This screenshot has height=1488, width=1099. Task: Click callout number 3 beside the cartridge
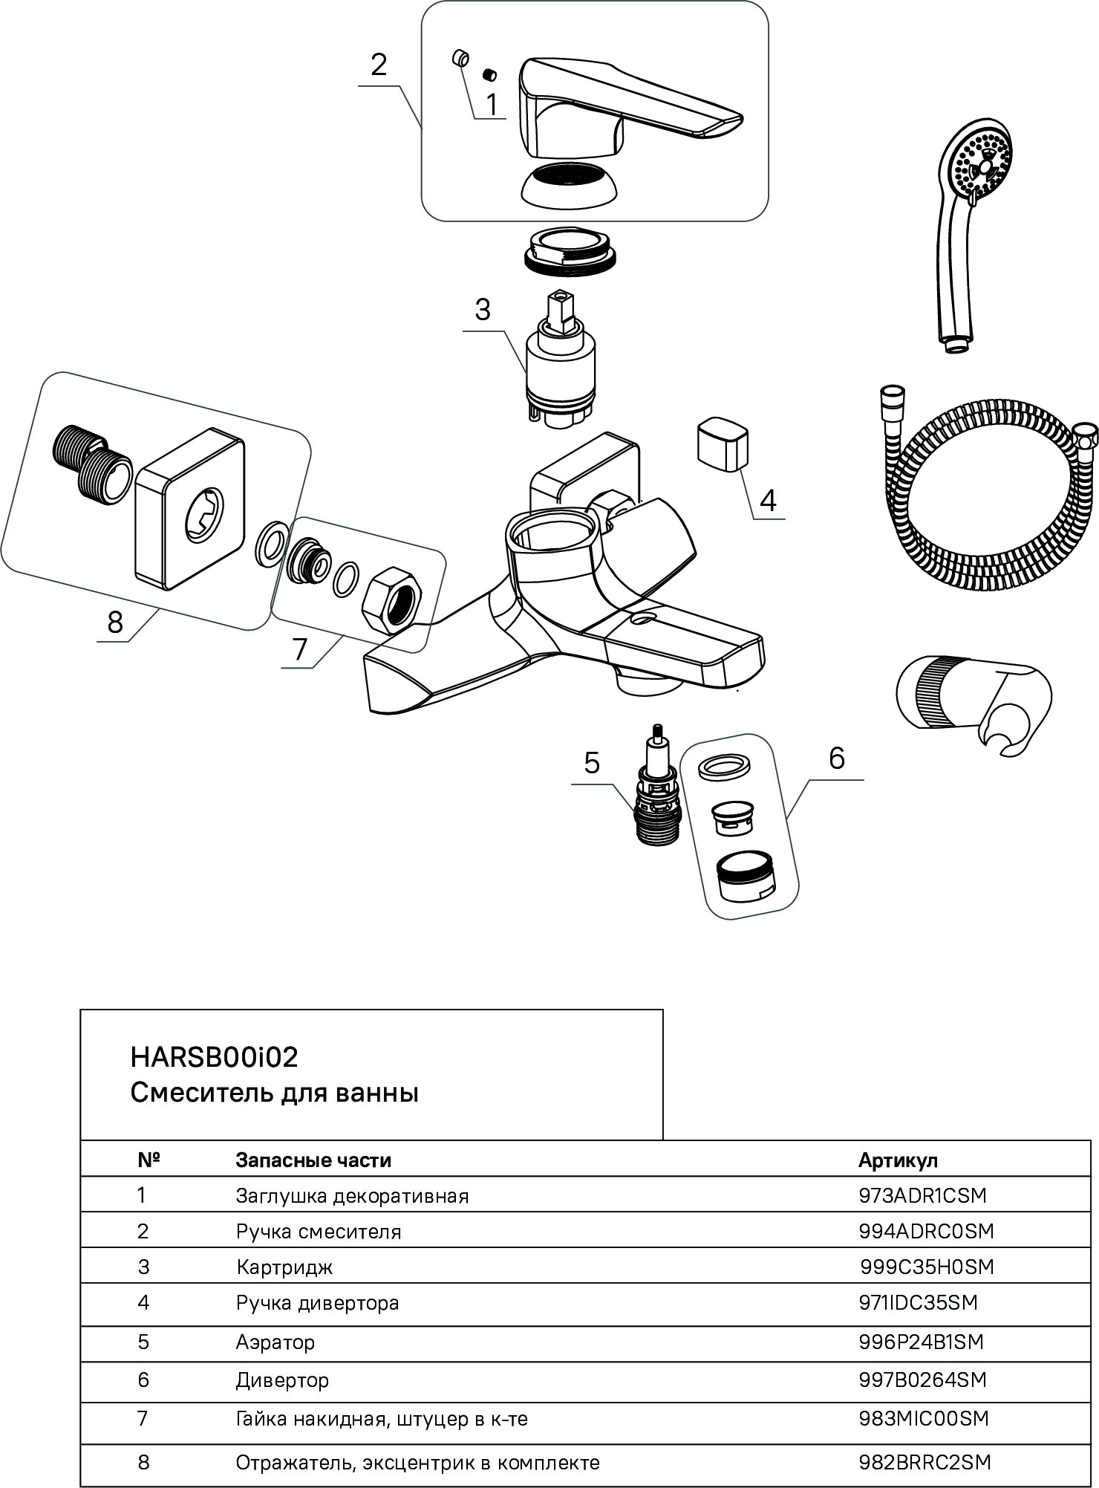tap(483, 309)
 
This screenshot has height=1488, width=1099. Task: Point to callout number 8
tap(114, 622)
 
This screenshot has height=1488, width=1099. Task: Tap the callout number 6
tap(837, 758)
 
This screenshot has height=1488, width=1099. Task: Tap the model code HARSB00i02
tap(215, 1056)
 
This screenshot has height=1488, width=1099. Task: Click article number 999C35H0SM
tap(927, 1267)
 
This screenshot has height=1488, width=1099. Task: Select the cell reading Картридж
tap(284, 1267)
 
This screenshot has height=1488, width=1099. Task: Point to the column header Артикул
tap(898, 1160)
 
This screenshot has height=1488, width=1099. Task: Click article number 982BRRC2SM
tap(924, 1462)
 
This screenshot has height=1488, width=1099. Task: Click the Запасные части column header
tap(313, 1160)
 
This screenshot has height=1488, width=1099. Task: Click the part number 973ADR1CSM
tap(922, 1195)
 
